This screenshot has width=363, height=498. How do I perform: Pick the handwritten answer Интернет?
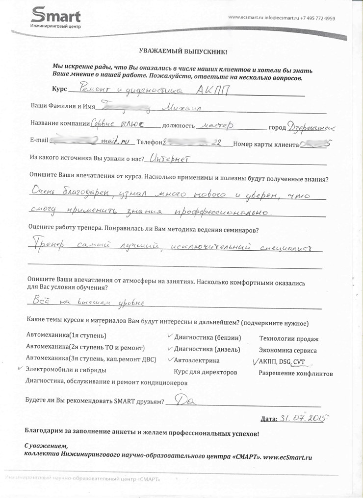point(169,159)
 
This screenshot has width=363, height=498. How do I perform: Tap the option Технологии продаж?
point(288,339)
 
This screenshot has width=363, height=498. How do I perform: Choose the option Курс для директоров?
point(206,372)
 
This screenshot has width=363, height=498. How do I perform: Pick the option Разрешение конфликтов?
point(296,374)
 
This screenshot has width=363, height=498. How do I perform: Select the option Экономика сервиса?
point(287,351)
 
